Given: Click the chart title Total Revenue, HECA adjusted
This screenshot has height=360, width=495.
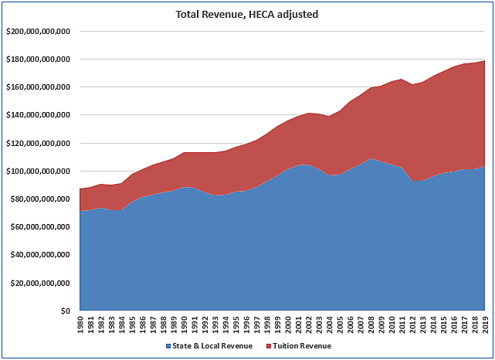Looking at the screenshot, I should coord(247,14).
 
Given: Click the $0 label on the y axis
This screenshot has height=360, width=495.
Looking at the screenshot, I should coord(66,311).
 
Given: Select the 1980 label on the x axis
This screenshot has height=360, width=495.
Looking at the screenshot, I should coord(80,324).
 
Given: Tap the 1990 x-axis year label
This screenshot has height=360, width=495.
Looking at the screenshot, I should coord(184,324).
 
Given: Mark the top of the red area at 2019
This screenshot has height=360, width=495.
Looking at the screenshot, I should coord(485,61).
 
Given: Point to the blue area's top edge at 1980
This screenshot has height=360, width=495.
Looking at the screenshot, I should coord(80,211).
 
